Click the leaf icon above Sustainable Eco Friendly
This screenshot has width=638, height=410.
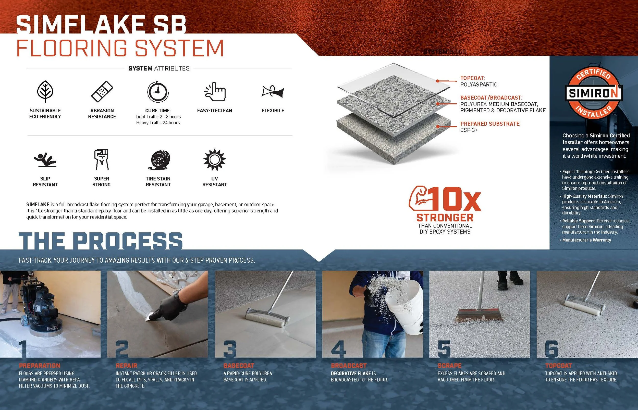[45, 92]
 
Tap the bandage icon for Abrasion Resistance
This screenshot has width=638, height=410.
[102, 92]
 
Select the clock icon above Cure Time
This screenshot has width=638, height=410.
[158, 92]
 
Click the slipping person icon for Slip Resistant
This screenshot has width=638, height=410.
[45, 160]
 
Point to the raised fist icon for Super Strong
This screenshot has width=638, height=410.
[102, 160]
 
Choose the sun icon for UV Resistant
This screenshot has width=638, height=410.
[214, 160]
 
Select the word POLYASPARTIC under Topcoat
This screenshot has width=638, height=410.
[479, 85]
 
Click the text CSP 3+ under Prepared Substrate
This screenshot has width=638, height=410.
[469, 130]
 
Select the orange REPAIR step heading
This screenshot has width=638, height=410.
[126, 366]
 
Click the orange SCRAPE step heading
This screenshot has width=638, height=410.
[449, 366]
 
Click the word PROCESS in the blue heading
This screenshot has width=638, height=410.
[128, 241]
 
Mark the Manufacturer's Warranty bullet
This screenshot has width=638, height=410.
[586, 240]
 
